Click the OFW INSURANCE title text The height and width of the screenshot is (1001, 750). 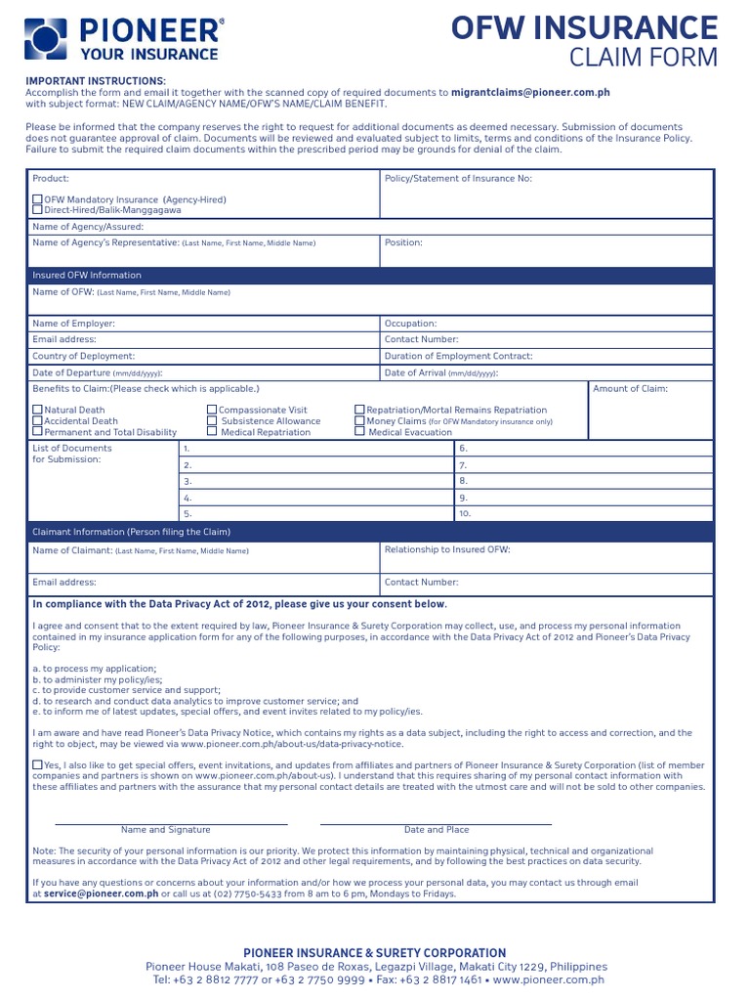pyautogui.click(x=584, y=26)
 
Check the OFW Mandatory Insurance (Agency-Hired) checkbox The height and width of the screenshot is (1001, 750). pyautogui.click(x=37, y=199)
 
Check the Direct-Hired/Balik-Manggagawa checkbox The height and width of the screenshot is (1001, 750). pyautogui.click(x=37, y=210)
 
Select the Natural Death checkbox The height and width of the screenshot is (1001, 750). pyautogui.click(x=37, y=410)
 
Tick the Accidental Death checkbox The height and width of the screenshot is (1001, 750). pyautogui.click(x=37, y=420)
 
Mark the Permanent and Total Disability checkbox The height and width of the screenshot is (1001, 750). pyautogui.click(x=37, y=431)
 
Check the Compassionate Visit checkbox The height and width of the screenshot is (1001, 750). pyautogui.click(x=212, y=410)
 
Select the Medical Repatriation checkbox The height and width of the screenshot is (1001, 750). pyautogui.click(x=212, y=431)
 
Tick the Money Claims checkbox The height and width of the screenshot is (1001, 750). pyautogui.click(x=359, y=420)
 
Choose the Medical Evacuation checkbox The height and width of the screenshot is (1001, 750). pyautogui.click(x=359, y=431)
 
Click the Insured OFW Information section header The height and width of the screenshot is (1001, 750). pyautogui.click(x=87, y=275)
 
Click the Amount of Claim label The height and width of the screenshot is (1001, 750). pyautogui.click(x=631, y=389)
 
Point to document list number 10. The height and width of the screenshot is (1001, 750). pyautogui.click(x=465, y=512)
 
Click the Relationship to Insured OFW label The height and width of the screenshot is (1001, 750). pyautogui.click(x=447, y=549)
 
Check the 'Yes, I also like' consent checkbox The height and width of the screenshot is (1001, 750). pyautogui.click(x=37, y=765)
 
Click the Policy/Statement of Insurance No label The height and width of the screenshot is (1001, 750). pyautogui.click(x=458, y=178)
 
